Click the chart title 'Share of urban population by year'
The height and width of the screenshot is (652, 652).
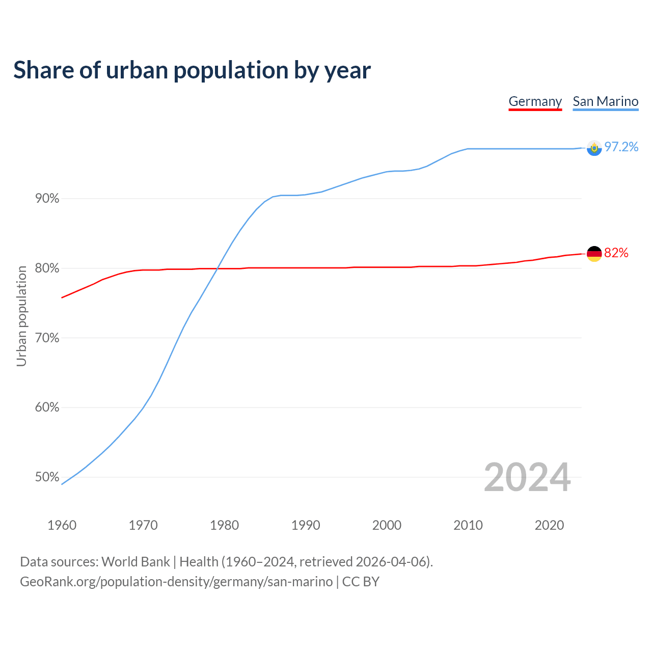tap(192, 70)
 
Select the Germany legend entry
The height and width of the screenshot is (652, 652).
tap(535, 101)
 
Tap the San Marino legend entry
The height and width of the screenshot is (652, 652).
tap(605, 101)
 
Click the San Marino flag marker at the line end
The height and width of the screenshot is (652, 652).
tap(594, 148)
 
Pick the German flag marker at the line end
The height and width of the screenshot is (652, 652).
tap(594, 253)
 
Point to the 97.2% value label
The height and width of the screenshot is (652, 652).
tap(621, 147)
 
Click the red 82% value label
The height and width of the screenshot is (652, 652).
tap(616, 253)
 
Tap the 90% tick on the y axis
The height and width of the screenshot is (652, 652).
tap(47, 199)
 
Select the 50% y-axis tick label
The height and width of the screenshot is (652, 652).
tap(47, 477)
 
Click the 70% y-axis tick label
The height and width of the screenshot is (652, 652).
tap(47, 338)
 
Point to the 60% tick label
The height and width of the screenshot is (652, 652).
tap(47, 407)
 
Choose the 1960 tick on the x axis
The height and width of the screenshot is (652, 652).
tap(62, 525)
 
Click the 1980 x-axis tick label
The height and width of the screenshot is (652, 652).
tap(224, 525)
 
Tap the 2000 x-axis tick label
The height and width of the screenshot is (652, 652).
tap(387, 525)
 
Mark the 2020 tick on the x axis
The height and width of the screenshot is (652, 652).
tap(549, 525)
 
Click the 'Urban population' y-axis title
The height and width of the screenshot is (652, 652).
tap(21, 316)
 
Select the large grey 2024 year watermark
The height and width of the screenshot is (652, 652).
tap(527, 478)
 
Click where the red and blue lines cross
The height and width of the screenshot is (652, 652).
tap(218, 268)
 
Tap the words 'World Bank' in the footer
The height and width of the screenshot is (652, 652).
tap(135, 562)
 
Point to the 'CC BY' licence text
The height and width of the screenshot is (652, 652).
tap(361, 582)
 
